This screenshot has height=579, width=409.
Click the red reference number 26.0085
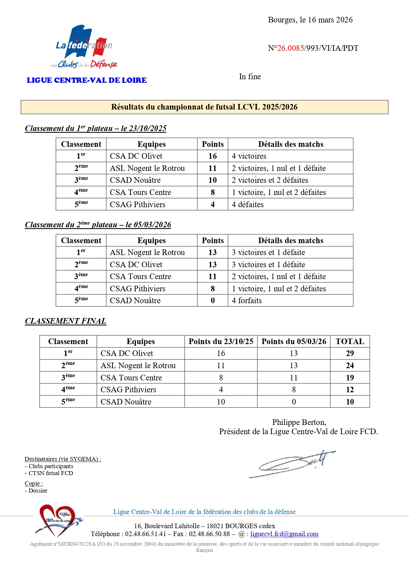(291, 48)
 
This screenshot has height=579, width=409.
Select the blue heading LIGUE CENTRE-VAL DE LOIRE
(87, 80)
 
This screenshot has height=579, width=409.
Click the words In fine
(250, 77)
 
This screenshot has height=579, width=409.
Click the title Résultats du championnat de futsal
(204, 107)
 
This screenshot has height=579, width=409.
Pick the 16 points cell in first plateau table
(212, 156)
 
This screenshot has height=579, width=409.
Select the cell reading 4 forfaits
(247, 301)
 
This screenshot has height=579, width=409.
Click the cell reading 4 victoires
(249, 156)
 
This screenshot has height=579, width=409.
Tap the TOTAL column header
(350, 341)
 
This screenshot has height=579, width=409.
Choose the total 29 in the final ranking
(350, 353)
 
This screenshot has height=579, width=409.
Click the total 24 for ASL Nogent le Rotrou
(350, 366)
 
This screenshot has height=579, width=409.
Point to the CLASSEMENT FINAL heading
(66, 321)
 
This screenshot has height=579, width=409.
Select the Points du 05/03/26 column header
(294, 341)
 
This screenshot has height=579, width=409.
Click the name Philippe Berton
(299, 422)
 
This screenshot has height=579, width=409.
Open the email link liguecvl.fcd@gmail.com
(284, 534)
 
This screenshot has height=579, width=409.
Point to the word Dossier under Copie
(38, 491)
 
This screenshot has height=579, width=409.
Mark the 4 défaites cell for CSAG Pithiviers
(248, 205)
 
